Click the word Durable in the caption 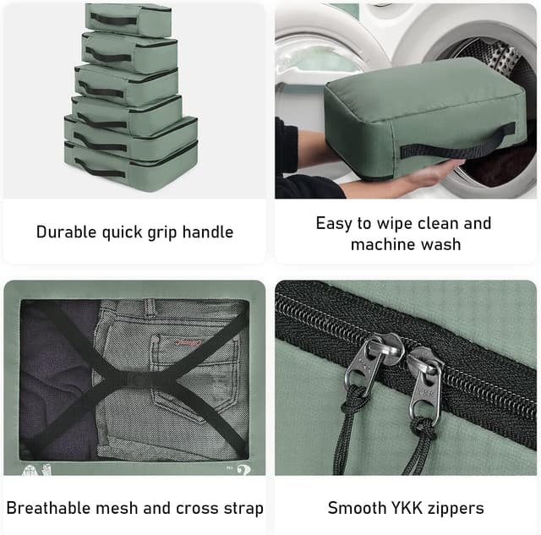pyautogui.click(x=66, y=232)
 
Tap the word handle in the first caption pyautogui.click(x=208, y=232)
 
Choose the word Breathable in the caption pyautogui.click(x=48, y=508)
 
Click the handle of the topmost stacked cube pyautogui.click(x=114, y=19)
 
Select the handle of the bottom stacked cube pyautogui.click(x=100, y=168)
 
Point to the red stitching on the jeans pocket pyautogui.click(x=189, y=342)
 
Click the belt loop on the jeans pyautogui.click(x=150, y=307)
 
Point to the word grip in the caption pyautogui.click(x=162, y=233)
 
